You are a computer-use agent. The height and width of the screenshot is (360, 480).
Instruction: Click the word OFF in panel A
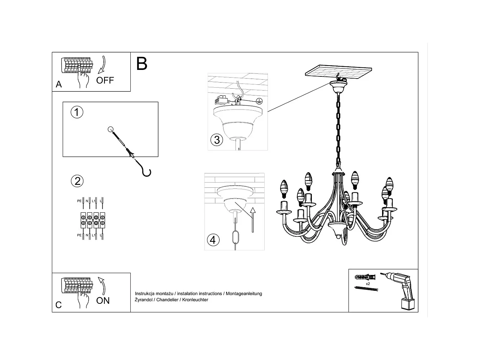pos(105,80)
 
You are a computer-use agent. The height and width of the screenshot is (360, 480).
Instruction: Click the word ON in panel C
pos(103,301)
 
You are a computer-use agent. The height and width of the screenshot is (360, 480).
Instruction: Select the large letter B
pos(142,63)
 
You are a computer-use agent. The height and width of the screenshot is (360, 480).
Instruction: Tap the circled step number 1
pos(77,112)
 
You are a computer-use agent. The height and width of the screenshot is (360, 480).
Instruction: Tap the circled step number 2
pos(77,181)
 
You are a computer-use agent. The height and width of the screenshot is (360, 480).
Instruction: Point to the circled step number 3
pos(217,140)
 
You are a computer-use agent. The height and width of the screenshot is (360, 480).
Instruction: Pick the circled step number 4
pos(213,240)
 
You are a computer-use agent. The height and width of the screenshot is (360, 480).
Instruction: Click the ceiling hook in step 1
pos(145,171)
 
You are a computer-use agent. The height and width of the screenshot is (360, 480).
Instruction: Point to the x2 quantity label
pos(368,284)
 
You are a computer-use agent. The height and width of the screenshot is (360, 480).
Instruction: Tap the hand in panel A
pos(84,79)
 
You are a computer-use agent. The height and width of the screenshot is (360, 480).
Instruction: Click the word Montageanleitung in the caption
pos(244,293)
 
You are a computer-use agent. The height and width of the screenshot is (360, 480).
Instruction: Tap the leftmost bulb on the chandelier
pos(284,189)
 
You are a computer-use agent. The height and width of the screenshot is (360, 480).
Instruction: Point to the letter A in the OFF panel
pos(59,84)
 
